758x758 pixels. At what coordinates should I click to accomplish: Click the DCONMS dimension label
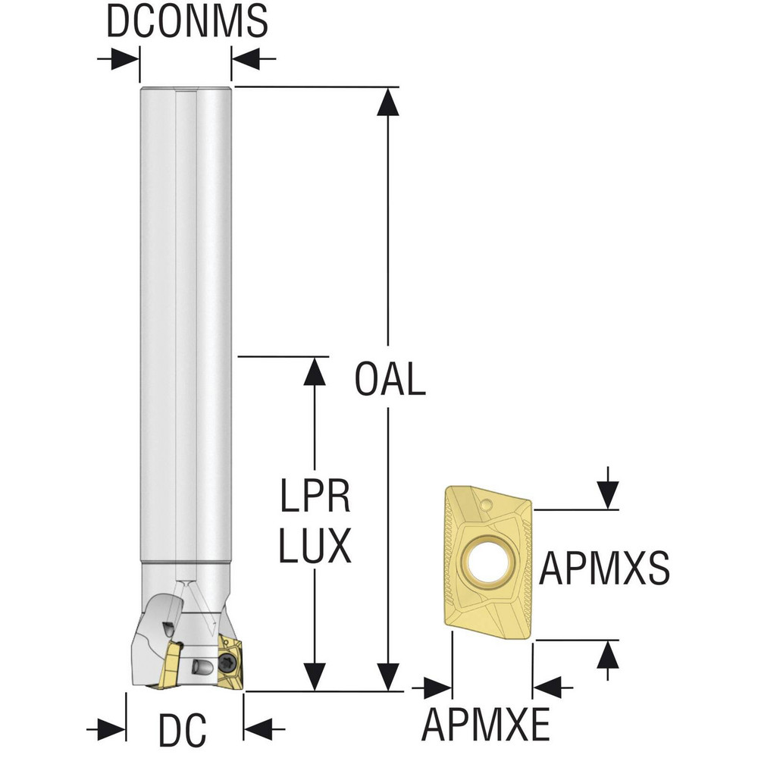tap(186, 20)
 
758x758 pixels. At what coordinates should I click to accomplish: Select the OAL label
tap(390, 379)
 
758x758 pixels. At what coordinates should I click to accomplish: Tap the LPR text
tap(315, 496)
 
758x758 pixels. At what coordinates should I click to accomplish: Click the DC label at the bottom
tap(183, 730)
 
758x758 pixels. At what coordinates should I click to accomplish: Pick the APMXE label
tap(486, 724)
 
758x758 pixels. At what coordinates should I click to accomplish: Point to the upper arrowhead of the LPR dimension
tap(315, 371)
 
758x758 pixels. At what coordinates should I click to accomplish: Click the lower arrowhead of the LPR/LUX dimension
tap(315, 676)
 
